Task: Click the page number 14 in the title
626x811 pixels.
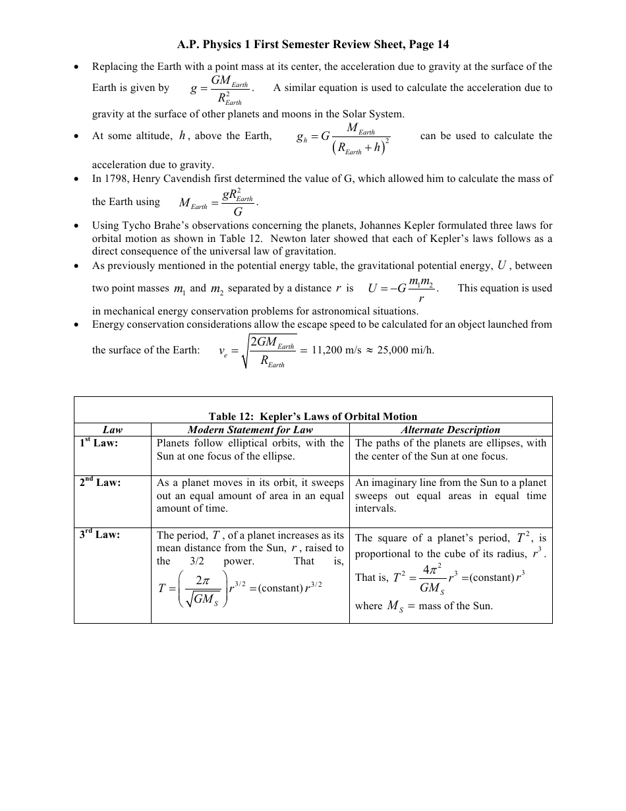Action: tap(443, 45)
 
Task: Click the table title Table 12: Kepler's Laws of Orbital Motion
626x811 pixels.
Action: tap(313, 416)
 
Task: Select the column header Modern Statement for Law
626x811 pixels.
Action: tap(250, 430)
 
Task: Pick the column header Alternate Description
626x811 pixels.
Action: tap(451, 430)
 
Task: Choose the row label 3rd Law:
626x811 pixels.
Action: tap(100, 535)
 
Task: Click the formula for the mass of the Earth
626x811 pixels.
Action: tap(217, 202)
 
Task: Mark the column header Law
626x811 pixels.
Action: tap(113, 430)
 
